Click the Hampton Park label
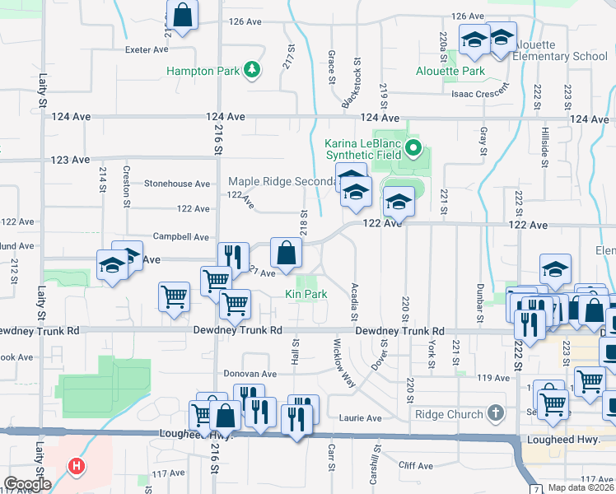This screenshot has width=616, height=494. tap(203, 72)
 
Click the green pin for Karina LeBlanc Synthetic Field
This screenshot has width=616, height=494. tap(414, 149)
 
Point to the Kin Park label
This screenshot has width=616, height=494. tap(306, 294)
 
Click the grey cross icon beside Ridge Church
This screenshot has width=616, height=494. tap(494, 412)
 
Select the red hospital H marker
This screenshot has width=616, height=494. tap(77, 467)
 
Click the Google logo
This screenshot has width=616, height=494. tap(28, 484)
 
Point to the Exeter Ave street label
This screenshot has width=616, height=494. tap(147, 49)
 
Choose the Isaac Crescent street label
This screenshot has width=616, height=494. tap(474, 94)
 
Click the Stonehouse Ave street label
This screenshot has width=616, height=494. tap(177, 184)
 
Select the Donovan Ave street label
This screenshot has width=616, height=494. tap(250, 373)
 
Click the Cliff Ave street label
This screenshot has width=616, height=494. tap(415, 465)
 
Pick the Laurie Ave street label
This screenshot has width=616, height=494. tap(362, 418)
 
